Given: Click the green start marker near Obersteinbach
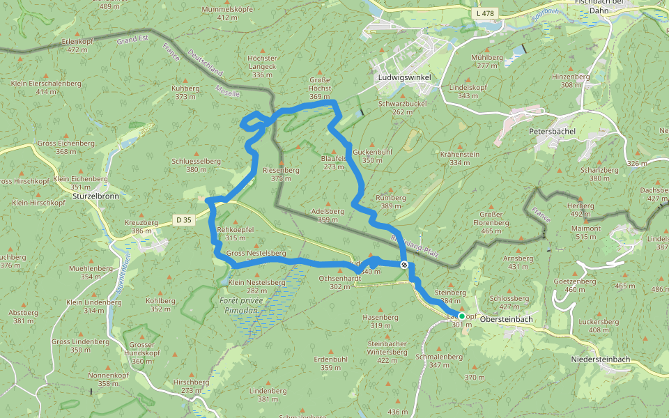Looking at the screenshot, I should click(x=461, y=316).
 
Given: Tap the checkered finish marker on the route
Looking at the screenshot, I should click(x=404, y=265).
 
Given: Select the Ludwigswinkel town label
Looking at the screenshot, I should click(x=403, y=77).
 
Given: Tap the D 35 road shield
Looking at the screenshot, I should click(x=184, y=220).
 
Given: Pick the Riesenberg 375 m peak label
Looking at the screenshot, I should click(x=281, y=174).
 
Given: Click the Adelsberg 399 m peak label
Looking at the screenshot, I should click(x=328, y=215).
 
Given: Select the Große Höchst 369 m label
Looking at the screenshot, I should click(x=320, y=93).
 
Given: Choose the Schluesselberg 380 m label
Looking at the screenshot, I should click(x=196, y=165).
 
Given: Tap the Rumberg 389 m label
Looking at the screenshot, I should click(x=390, y=202).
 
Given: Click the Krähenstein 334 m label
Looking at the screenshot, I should click(x=460, y=158).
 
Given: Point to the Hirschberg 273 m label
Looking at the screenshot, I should click(x=191, y=386).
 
